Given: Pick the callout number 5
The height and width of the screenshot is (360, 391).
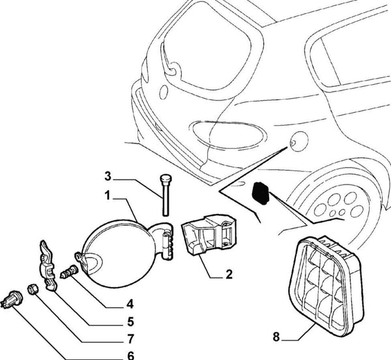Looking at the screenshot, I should click(x=130, y=321).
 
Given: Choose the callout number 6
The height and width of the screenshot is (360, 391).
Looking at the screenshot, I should click(x=130, y=356).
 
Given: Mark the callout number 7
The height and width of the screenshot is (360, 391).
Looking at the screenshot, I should click(x=130, y=338).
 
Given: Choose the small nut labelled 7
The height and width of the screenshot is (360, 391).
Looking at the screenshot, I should click(x=33, y=289).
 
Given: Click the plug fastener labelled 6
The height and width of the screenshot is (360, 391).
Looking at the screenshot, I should click(x=14, y=299).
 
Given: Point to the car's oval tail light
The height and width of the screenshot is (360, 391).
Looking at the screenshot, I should click(x=227, y=134).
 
